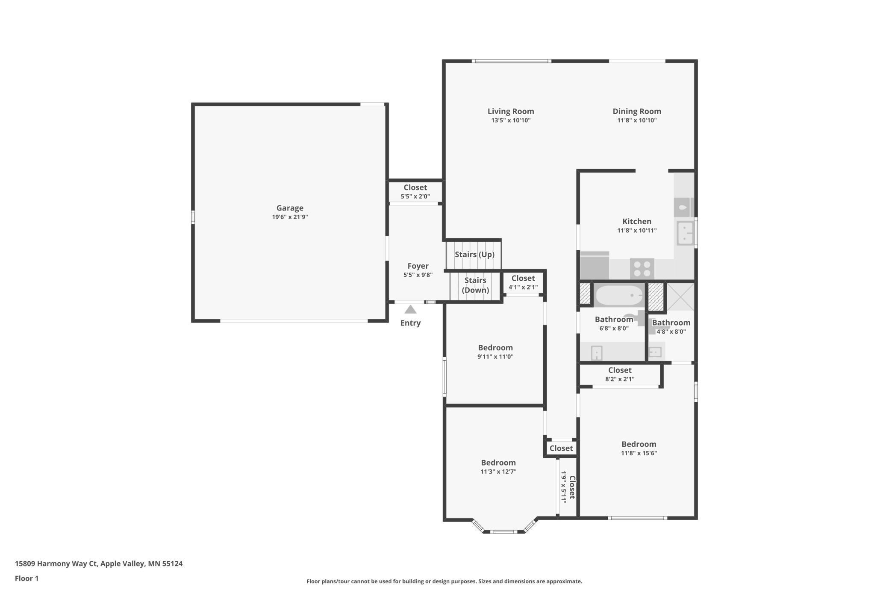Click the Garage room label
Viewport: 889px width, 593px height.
290,208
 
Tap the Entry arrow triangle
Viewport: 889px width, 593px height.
410,309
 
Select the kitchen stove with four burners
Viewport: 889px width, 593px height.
642,269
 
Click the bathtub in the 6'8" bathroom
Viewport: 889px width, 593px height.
618,295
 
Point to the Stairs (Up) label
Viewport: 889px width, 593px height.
474,255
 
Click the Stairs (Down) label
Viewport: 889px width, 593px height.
475,285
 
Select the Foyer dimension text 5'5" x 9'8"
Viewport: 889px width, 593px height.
418,275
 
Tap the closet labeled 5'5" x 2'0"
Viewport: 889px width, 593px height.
415,192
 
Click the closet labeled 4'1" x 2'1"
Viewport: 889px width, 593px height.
523,282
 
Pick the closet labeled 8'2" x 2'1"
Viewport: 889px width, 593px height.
619,374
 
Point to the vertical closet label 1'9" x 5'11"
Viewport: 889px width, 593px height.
568,487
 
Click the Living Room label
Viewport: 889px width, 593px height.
510,111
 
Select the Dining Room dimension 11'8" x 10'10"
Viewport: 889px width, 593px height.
636,121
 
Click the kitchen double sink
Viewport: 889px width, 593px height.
685,233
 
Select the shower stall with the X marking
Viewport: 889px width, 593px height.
680,297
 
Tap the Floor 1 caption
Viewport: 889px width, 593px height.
26,578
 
